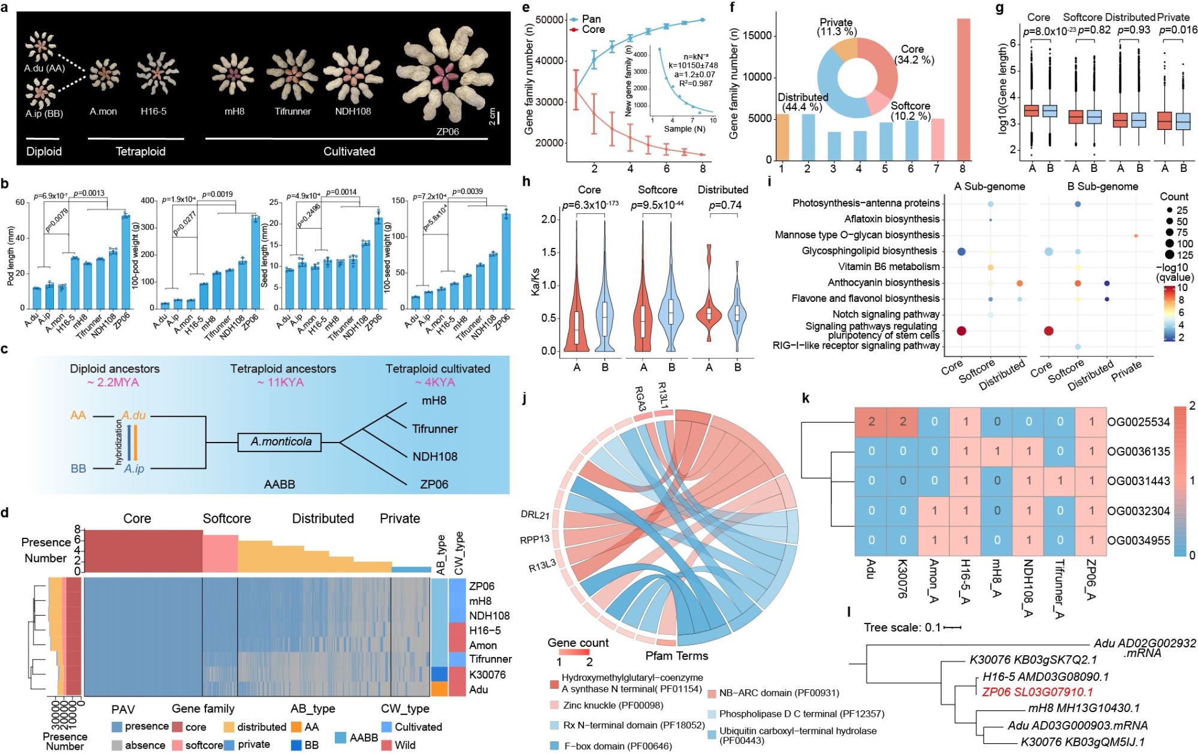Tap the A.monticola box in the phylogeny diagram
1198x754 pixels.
coord(280,442)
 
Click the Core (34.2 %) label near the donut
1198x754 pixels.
coord(913,54)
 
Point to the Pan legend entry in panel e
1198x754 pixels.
coord(591,19)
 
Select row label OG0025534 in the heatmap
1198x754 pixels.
coord(1138,422)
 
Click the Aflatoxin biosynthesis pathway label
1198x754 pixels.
coord(891,219)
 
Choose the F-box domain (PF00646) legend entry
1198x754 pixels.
coord(618,746)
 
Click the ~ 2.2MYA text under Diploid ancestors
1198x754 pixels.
coord(115,382)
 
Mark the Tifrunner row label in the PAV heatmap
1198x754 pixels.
coord(490,659)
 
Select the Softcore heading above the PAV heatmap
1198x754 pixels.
coord(226,519)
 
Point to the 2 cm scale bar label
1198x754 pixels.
coord(492,116)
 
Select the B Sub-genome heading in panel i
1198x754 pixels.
coord(1102,187)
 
